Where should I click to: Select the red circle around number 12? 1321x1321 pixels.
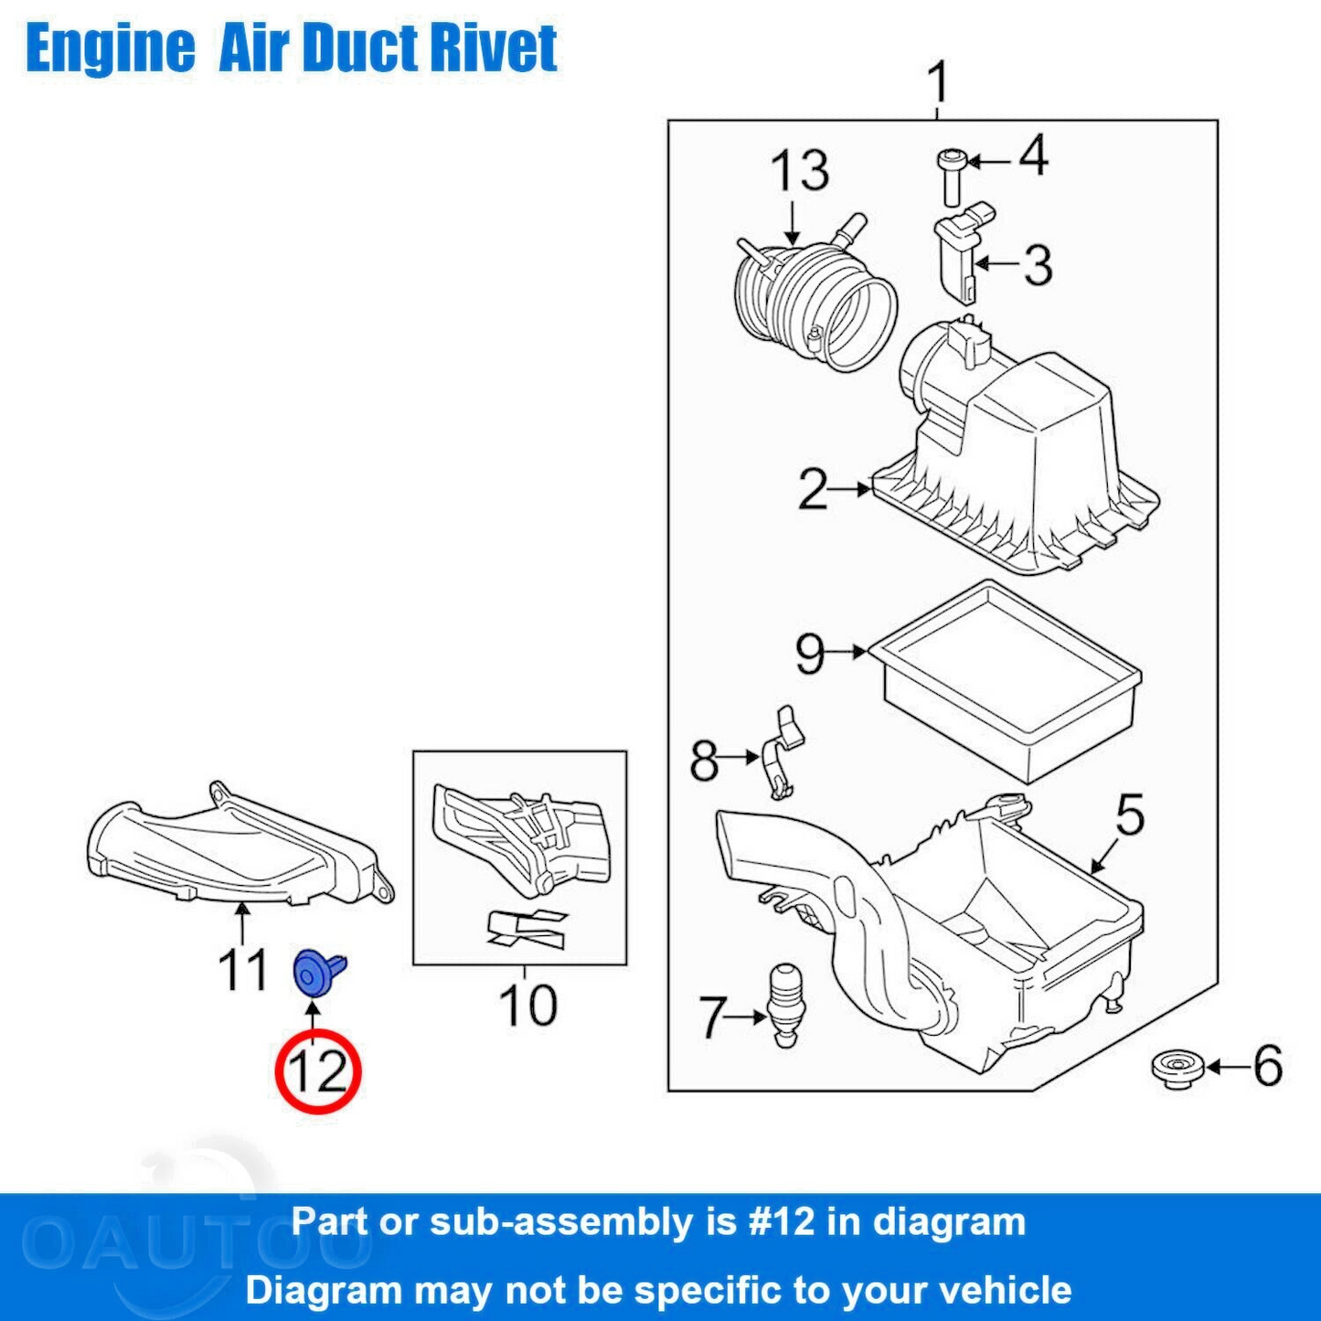(x=318, y=1071)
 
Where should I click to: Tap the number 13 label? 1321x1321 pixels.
(x=799, y=171)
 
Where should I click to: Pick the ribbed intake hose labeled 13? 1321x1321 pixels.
(x=814, y=297)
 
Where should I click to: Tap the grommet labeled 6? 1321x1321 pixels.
(x=1177, y=1068)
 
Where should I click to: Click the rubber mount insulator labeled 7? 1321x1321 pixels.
(x=785, y=1003)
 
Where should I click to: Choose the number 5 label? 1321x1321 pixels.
(x=1130, y=815)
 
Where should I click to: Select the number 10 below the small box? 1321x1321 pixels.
(x=527, y=1006)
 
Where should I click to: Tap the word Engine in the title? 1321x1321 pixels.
(x=111, y=48)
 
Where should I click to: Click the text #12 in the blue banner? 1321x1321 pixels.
(x=781, y=1222)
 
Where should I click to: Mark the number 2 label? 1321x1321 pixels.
(x=813, y=489)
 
